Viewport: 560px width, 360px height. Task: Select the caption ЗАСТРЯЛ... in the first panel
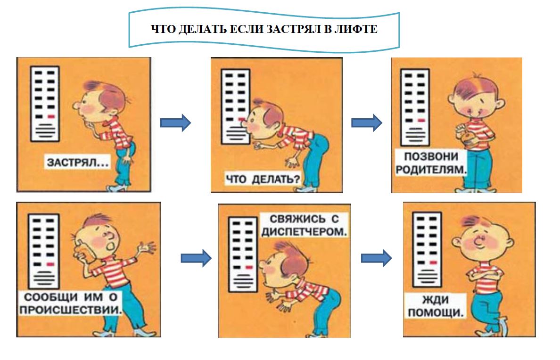[x=77, y=163]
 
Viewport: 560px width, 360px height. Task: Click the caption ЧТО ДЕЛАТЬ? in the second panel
[x=263, y=179]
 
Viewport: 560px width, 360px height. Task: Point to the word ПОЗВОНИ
[x=431, y=156]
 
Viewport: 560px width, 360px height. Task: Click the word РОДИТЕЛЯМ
[x=431, y=169]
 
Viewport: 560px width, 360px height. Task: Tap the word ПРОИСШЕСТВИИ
[x=70, y=310]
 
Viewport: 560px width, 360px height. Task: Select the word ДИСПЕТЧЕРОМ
[x=304, y=232]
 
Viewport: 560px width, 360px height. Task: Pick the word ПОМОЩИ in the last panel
[x=436, y=312]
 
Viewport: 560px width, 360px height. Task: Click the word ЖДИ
[x=436, y=299]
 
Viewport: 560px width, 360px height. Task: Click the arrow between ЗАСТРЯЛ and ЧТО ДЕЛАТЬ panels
[x=175, y=123]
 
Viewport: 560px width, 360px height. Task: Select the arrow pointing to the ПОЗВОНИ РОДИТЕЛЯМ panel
[x=367, y=123]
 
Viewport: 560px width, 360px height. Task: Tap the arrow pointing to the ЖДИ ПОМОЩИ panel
[x=377, y=258]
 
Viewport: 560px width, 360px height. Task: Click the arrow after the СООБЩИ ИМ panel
[x=196, y=258]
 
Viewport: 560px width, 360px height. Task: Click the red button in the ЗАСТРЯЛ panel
[x=51, y=116]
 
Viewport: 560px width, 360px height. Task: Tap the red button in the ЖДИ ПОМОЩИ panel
[x=433, y=262]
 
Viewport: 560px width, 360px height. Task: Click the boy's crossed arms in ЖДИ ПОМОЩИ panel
[x=485, y=275]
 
